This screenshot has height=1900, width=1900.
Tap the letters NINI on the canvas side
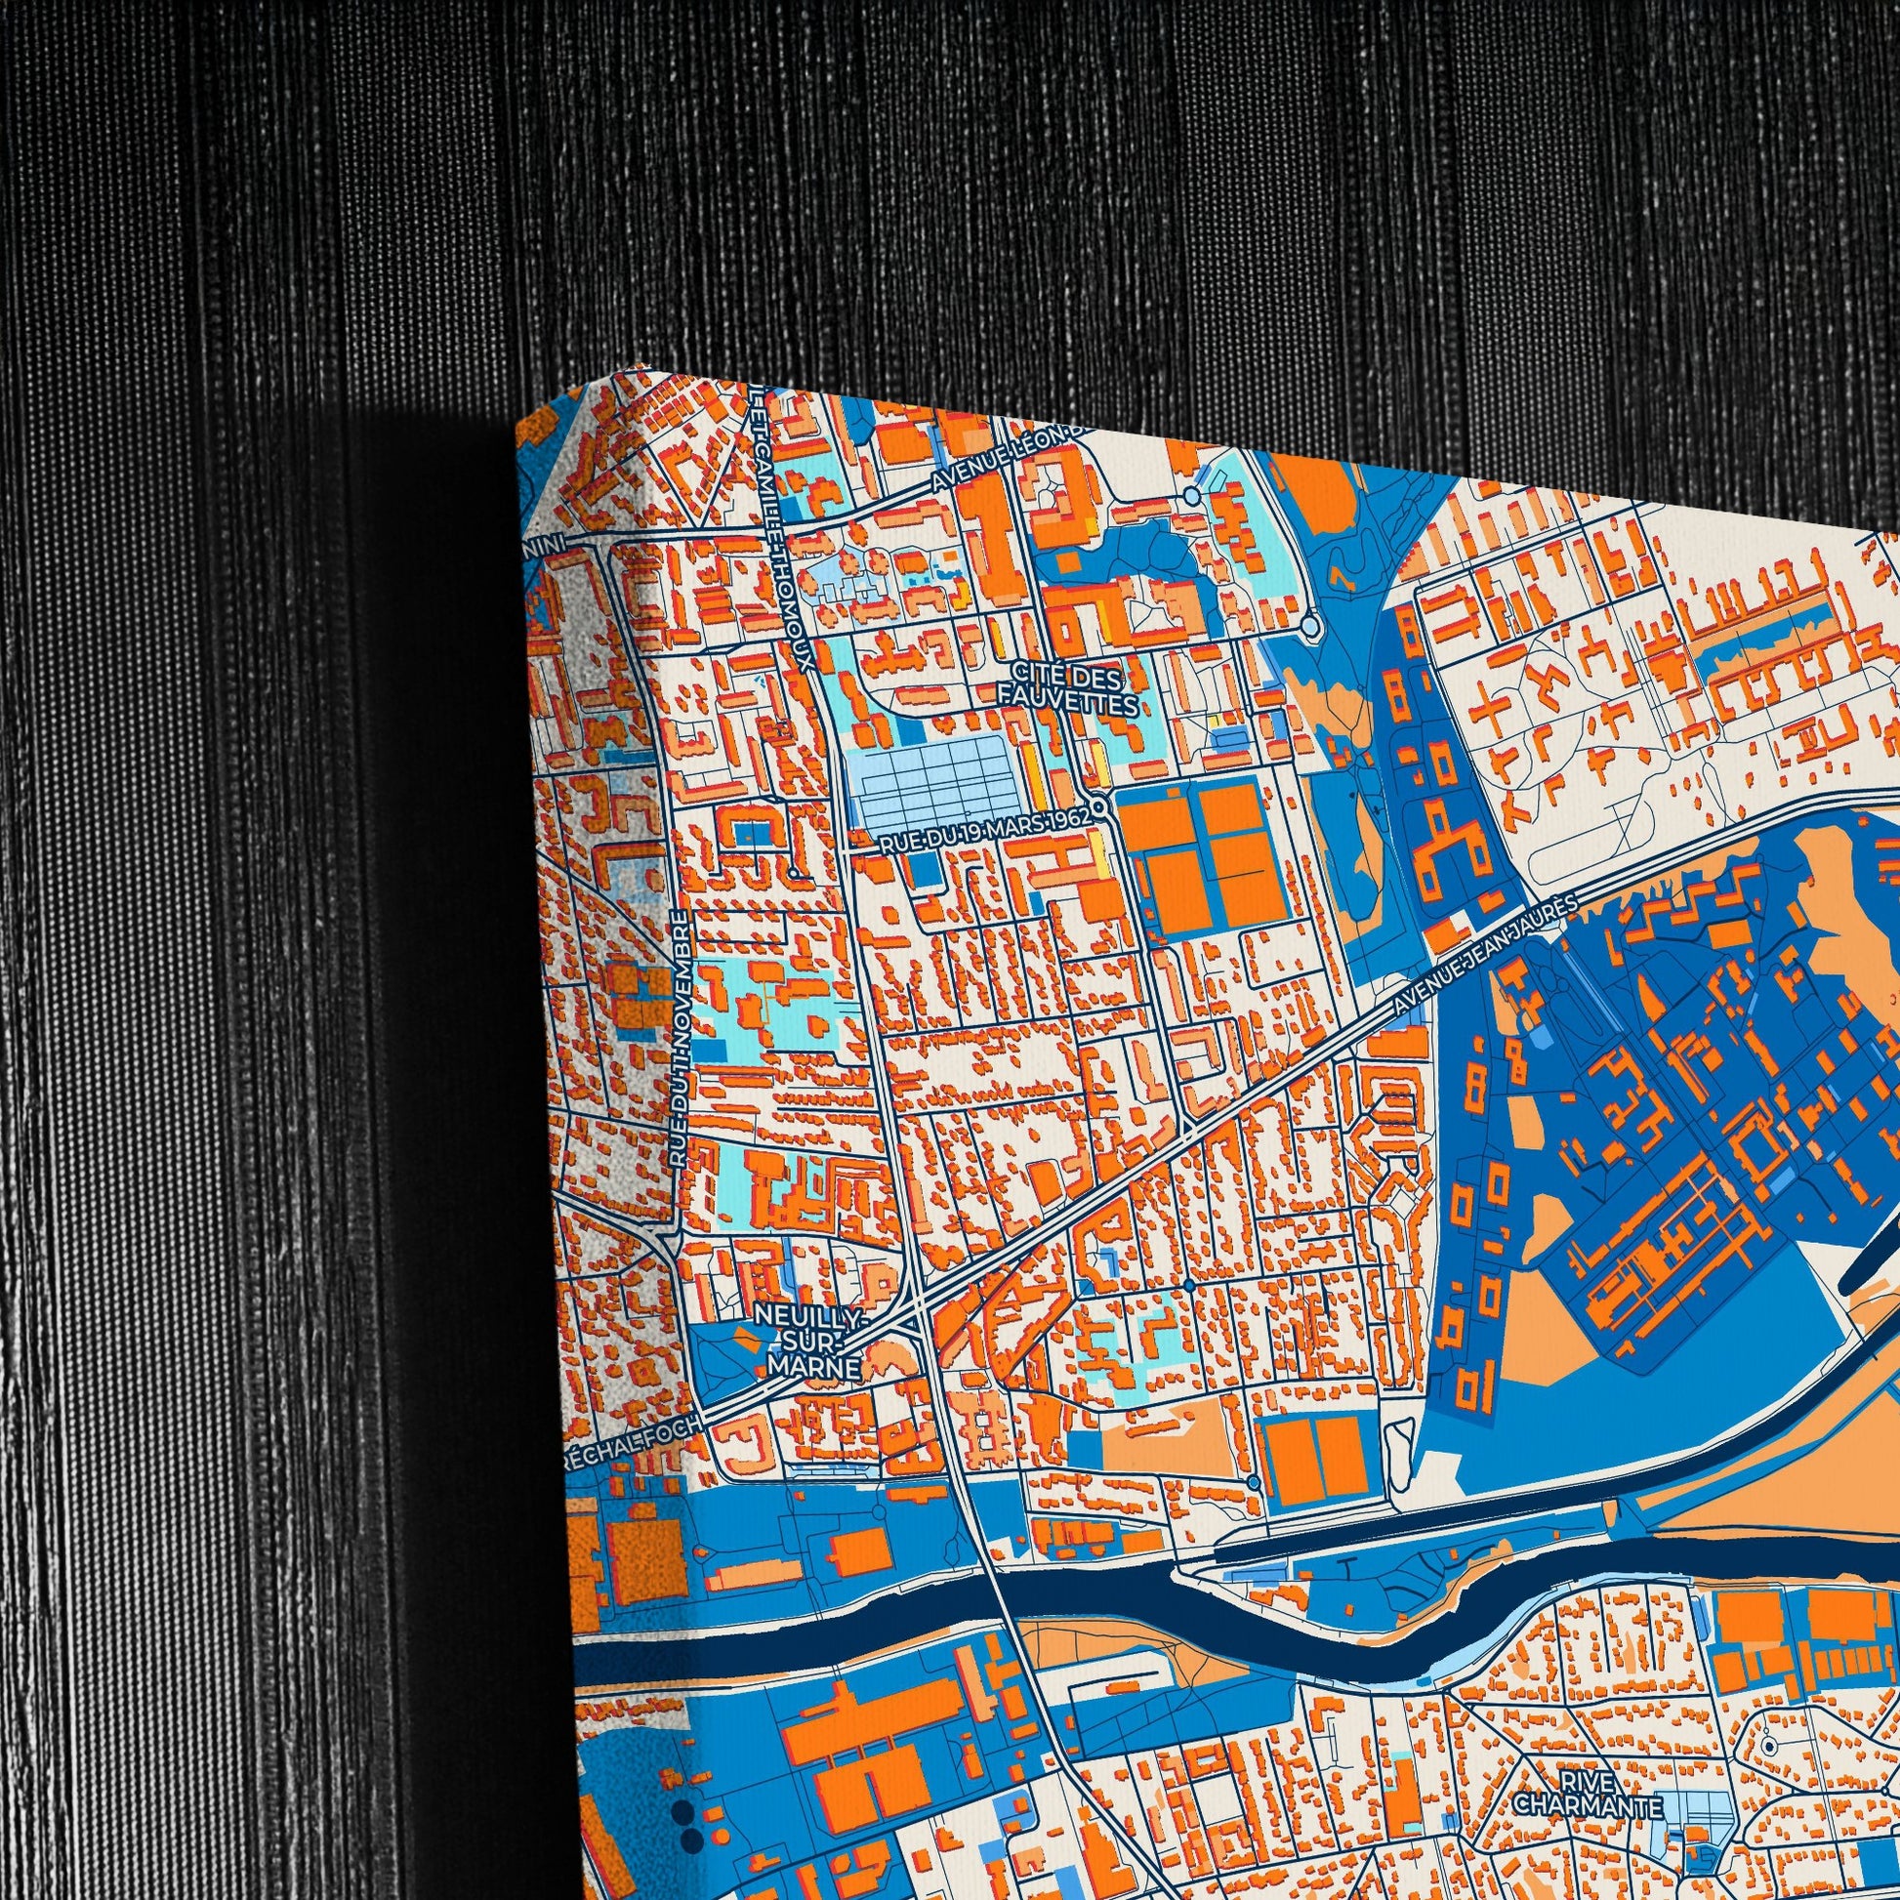(x=549, y=543)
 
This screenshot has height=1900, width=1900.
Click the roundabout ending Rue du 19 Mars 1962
(x=1100, y=807)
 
